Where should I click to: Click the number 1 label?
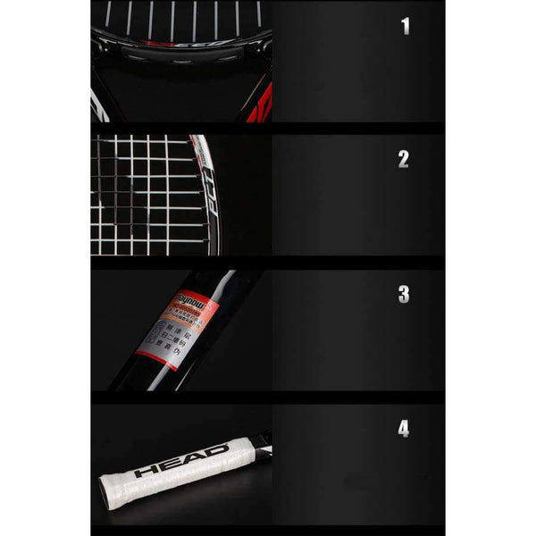click(x=405, y=25)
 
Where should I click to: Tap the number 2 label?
click(x=404, y=159)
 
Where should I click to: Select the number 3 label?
click(x=404, y=294)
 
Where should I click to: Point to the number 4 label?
click(x=404, y=429)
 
